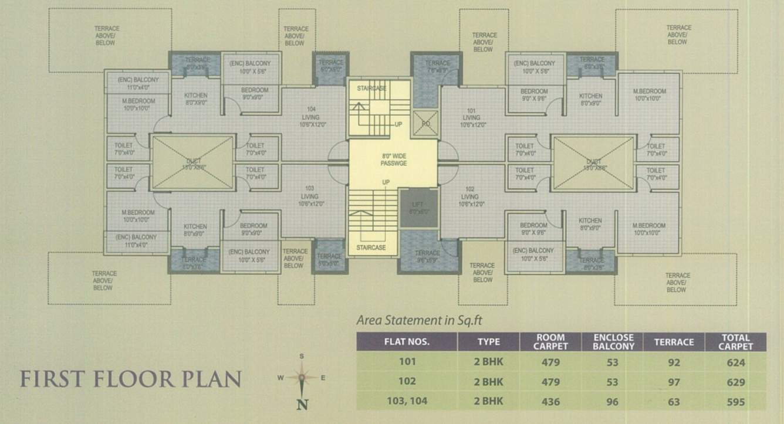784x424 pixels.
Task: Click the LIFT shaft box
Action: pyautogui.click(x=418, y=208)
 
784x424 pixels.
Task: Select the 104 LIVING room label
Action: pyautogui.click(x=312, y=117)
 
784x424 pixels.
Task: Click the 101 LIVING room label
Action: pyautogui.click(x=471, y=117)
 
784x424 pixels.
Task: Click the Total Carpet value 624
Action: pyautogui.click(x=735, y=362)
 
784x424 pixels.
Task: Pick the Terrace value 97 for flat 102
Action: pyautogui.click(x=674, y=382)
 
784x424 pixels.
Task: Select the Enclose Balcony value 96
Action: pyautogui.click(x=613, y=402)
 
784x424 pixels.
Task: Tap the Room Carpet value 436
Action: pyautogui.click(x=550, y=402)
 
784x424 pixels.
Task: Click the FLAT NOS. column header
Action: pyautogui.click(x=407, y=342)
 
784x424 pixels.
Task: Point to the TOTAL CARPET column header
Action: pyautogui.click(x=736, y=342)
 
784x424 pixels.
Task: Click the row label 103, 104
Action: pyautogui.click(x=407, y=402)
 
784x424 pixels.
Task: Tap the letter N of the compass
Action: pyautogui.click(x=302, y=404)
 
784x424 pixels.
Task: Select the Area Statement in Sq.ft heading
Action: pyautogui.click(x=420, y=320)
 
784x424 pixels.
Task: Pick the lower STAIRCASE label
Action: pyautogui.click(x=371, y=247)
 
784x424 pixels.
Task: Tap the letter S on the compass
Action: pyautogui.click(x=302, y=356)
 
